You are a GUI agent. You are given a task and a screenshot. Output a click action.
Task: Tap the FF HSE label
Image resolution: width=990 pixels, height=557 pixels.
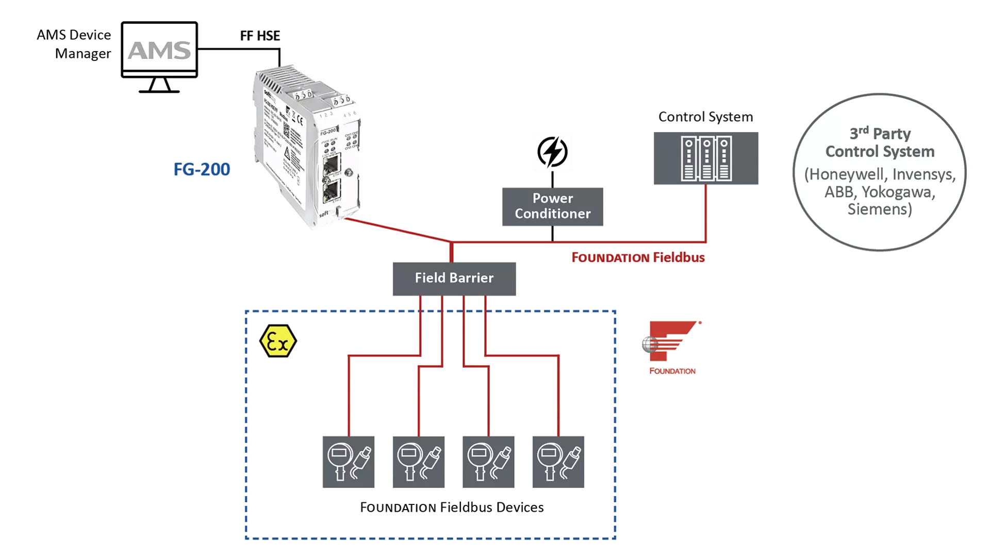260,36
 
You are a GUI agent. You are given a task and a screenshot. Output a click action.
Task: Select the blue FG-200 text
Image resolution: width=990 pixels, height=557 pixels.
202,169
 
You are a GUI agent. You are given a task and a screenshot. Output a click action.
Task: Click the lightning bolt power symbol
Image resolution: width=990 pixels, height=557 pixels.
552,152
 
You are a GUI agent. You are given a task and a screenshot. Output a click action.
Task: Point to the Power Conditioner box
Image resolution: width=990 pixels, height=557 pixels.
552,206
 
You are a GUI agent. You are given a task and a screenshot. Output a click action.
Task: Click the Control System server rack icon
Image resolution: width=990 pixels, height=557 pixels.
705,158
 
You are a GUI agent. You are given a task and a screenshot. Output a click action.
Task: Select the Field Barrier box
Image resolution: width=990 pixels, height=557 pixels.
454,278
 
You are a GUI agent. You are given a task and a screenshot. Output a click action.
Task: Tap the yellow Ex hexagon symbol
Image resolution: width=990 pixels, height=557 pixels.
278,341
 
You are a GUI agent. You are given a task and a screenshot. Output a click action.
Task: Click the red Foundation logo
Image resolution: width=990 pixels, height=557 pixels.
671,342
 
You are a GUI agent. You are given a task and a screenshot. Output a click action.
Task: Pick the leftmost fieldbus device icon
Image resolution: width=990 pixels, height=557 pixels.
349,462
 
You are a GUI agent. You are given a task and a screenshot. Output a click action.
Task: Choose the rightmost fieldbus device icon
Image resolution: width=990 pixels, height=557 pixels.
558,462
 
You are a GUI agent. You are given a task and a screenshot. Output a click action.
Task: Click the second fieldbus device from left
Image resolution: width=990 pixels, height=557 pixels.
418,462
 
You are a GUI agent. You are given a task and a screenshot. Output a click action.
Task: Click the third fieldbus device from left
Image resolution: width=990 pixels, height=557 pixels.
488,462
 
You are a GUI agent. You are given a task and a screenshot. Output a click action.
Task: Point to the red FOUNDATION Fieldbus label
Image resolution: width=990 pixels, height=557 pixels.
638,257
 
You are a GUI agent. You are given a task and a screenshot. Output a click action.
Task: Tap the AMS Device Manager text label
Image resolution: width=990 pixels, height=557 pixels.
75,44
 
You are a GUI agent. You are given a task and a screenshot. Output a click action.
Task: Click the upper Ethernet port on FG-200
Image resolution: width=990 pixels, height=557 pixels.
331,165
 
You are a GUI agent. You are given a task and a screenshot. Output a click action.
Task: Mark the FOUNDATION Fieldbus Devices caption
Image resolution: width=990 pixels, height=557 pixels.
452,507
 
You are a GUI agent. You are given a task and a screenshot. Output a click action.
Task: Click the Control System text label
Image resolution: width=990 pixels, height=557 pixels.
705,117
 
